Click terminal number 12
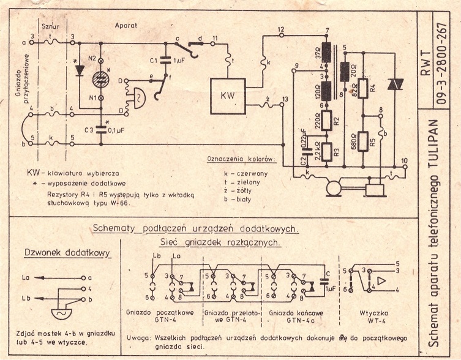pos(281,29)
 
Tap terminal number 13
pos(285,99)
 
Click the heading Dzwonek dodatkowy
pos(59,252)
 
